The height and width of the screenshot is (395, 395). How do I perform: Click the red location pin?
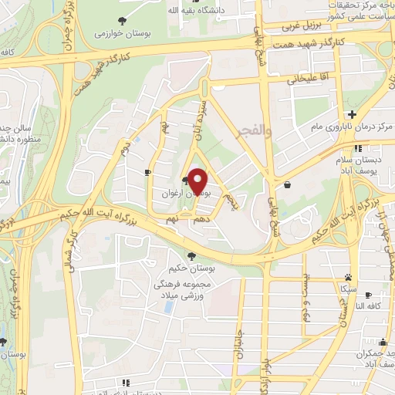coord(199,181)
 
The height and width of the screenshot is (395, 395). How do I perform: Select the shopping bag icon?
coord(287,185)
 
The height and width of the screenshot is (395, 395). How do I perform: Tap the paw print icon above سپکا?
coord(349,275)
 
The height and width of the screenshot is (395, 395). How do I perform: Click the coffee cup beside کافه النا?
coord(368,295)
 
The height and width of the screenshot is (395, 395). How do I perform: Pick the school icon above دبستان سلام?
coord(357,148)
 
